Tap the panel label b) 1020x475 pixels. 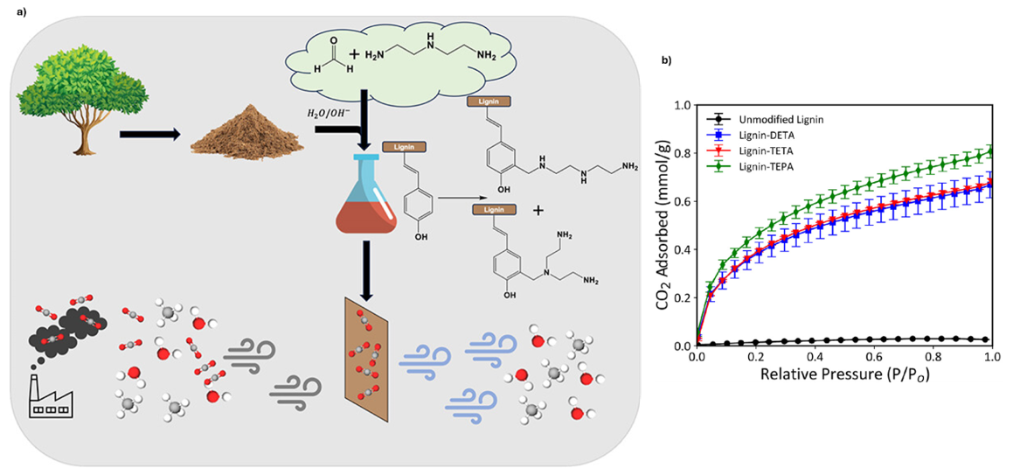click(x=666, y=60)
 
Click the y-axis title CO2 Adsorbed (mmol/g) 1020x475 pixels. click(x=662, y=226)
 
